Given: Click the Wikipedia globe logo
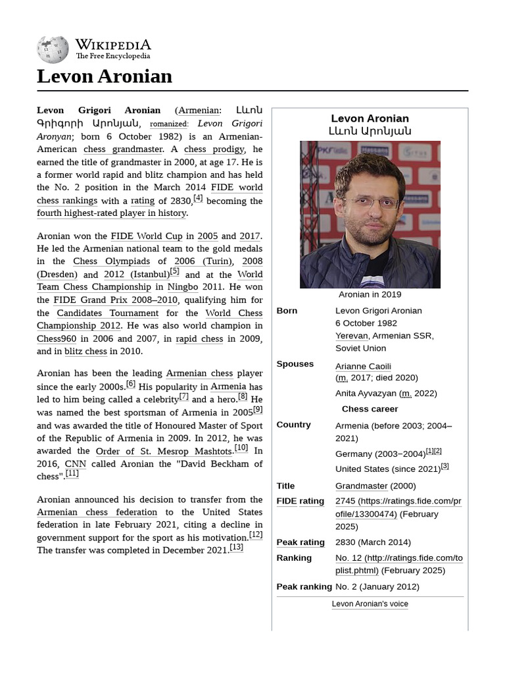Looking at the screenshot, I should point(53,50).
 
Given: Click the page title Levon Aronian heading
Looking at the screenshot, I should point(105,76).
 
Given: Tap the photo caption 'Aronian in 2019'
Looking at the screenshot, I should point(370,294).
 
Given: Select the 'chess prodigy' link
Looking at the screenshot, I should point(214,149).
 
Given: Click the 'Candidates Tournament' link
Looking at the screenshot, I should point(107,313).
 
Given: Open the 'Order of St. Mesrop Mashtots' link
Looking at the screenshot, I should point(164,452).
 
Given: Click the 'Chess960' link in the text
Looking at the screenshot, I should point(56,339).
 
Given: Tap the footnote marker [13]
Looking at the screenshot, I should point(236,547).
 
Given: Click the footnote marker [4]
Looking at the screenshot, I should point(198,198).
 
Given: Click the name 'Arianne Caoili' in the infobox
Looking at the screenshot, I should point(362,366).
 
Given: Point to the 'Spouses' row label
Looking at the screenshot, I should point(295,364).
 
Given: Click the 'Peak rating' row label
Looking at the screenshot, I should point(301,542).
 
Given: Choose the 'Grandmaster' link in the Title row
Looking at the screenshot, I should point(361,486).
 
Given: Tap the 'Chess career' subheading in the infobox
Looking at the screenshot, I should point(370,409).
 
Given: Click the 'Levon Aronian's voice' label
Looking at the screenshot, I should point(370,604).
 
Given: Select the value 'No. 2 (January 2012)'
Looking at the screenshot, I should point(377,586).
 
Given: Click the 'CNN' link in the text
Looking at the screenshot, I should point(75,464).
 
